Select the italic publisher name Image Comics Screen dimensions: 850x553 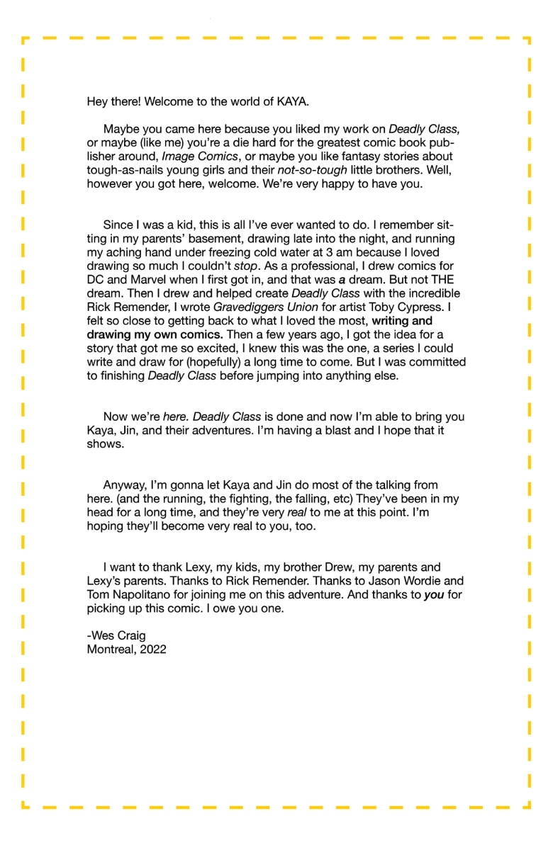coord(202,156)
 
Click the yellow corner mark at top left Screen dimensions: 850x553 coord(24,40)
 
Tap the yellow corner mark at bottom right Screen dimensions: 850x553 coord(527,805)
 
